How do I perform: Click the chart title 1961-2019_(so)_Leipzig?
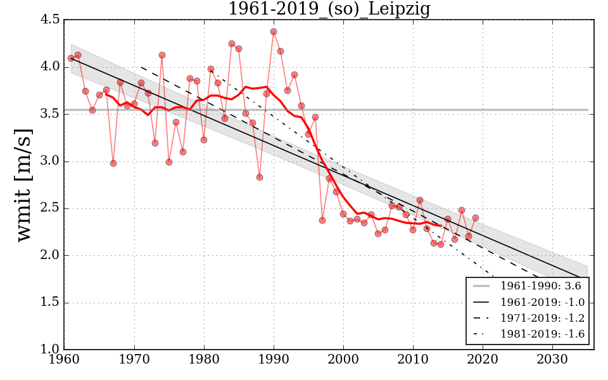coord(329,9)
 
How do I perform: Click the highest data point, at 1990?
coord(274,32)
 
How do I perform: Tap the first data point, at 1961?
coord(71,58)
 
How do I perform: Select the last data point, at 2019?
coord(476,218)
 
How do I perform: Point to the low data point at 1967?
coord(113,163)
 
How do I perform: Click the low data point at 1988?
coord(260,177)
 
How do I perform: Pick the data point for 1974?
coord(162,55)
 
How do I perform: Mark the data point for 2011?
coord(420,200)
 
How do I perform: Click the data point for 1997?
coord(322,220)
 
